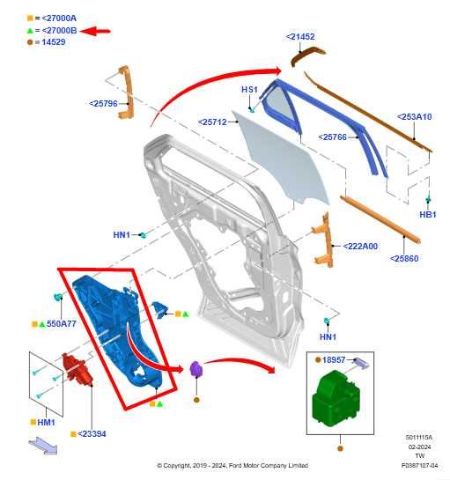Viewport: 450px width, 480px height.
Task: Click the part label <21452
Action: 300,37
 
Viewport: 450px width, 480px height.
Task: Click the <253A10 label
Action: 414,117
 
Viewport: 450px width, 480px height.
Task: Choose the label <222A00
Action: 359,247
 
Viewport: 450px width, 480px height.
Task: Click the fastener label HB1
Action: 428,215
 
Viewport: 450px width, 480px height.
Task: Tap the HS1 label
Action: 249,90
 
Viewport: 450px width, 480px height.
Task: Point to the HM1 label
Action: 46,423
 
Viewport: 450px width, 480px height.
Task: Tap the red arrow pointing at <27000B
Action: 96,31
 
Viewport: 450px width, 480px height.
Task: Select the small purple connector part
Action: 196,371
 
